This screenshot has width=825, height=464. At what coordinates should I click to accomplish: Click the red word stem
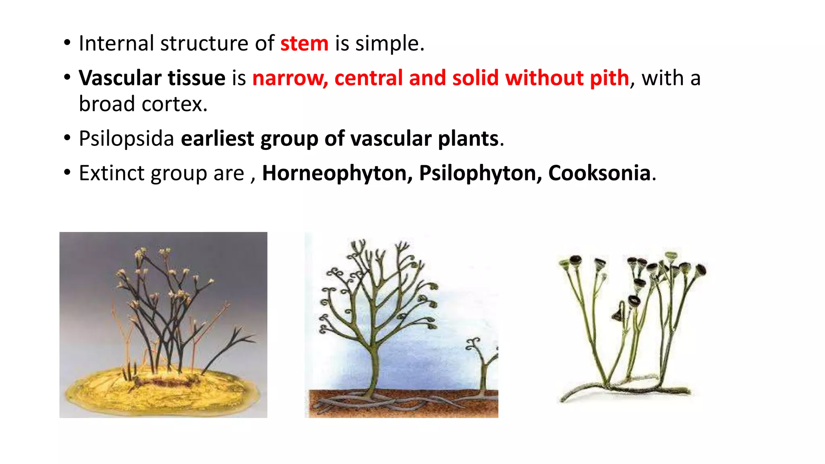pos(304,43)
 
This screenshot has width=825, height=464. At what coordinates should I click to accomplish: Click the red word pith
pos(609,78)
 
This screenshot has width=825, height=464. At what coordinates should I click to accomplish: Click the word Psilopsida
pos(126,139)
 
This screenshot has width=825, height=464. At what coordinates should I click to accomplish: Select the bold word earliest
pos(218,139)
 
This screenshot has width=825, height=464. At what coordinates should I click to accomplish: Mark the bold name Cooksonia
pos(599,173)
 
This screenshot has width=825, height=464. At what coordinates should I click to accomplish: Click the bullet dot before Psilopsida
pos(67,138)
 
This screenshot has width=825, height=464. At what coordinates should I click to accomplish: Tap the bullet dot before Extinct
pos(67,173)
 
